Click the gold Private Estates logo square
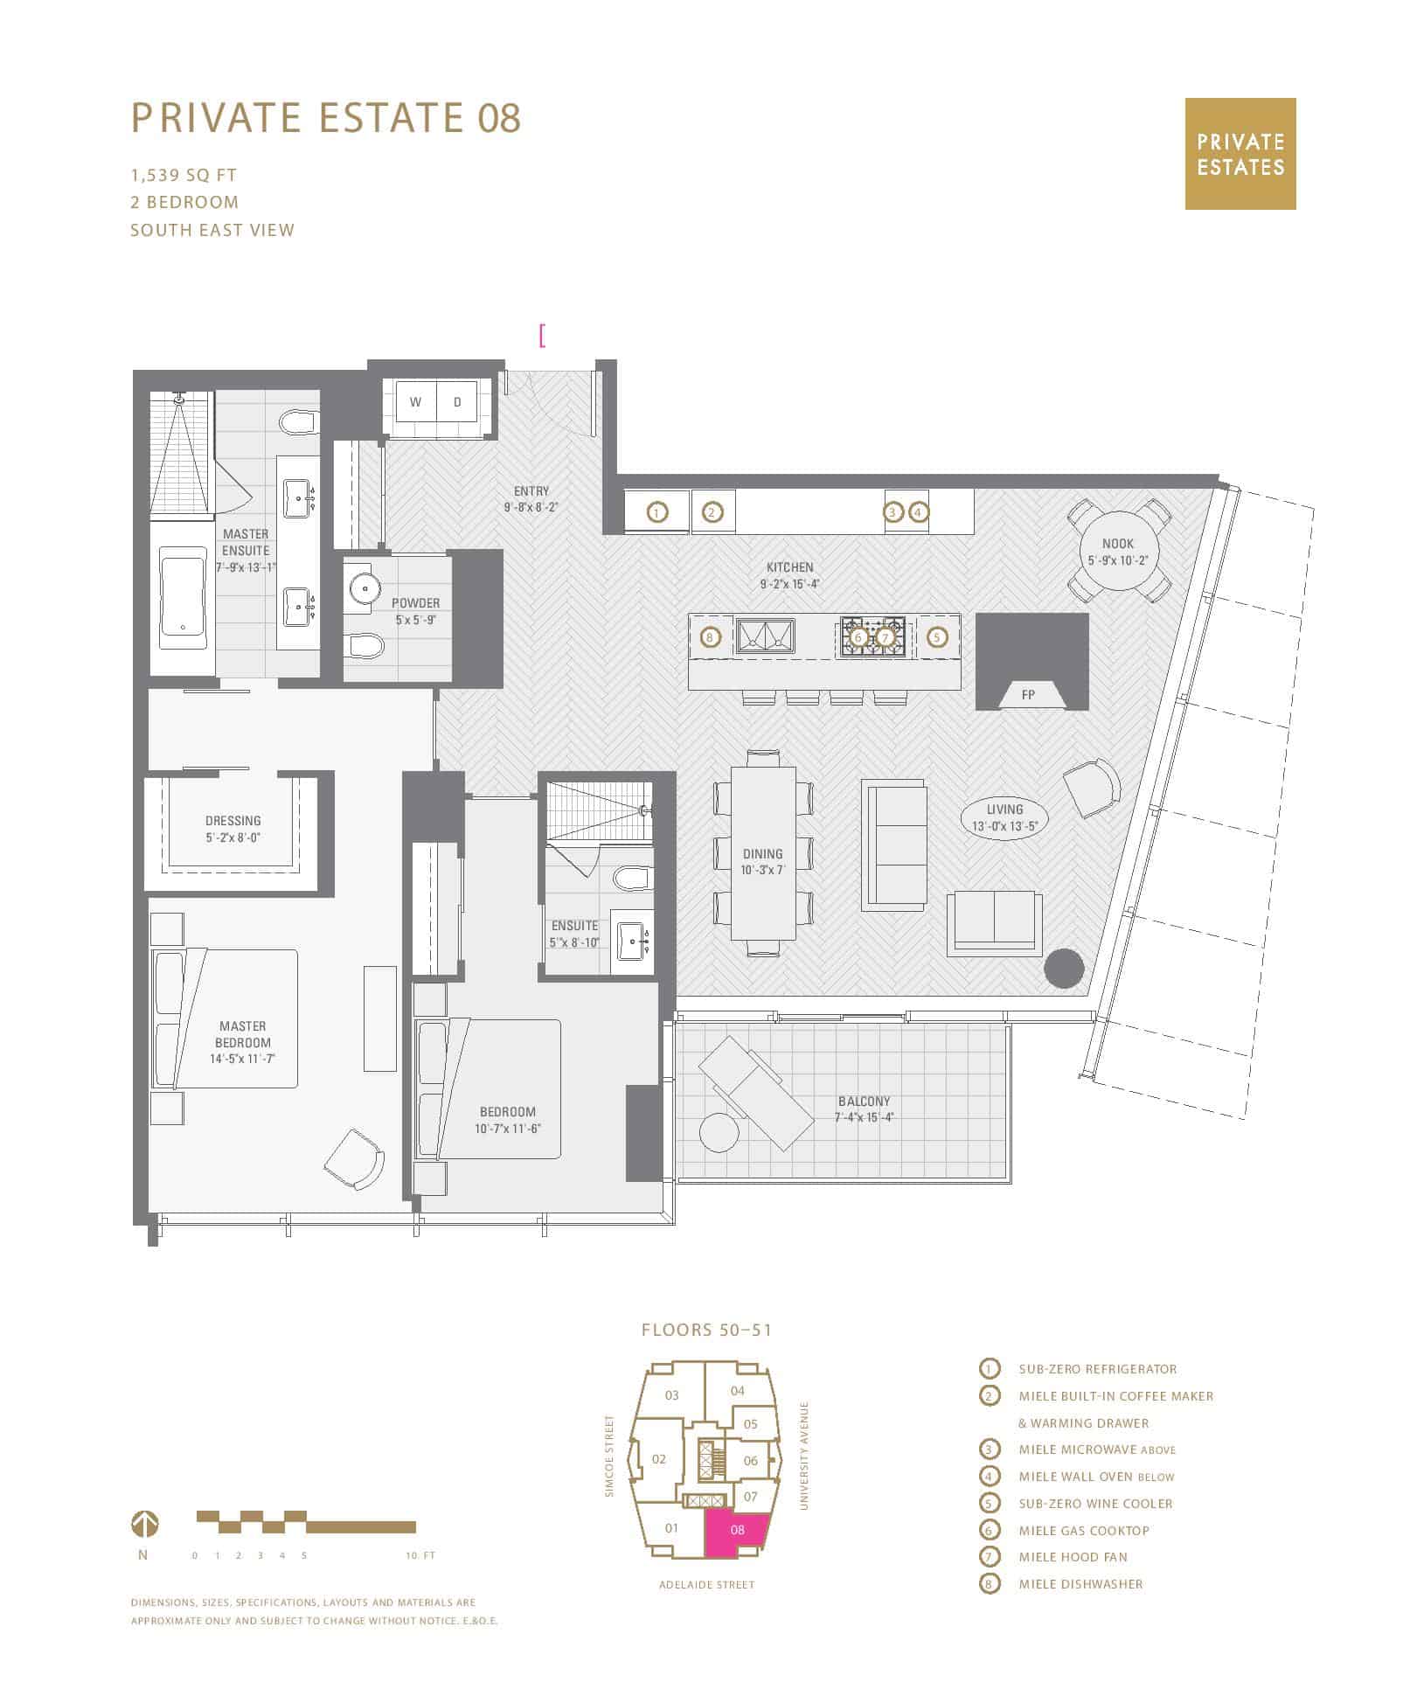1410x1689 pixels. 1240,154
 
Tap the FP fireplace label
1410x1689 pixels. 1028,695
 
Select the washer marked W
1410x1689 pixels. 416,402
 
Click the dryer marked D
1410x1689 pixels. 457,402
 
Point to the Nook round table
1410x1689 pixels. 1118,552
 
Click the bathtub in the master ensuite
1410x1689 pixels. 183,598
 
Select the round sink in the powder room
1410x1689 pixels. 361,586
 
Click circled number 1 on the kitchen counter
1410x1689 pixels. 657,512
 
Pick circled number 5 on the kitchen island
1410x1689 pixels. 937,637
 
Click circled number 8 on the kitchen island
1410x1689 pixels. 710,637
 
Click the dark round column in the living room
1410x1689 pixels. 1065,969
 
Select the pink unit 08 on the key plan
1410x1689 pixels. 737,1530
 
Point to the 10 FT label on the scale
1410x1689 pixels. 420,1555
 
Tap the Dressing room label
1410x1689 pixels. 233,821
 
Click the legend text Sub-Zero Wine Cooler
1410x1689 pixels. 1095,1504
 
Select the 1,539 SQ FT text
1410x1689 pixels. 184,175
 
